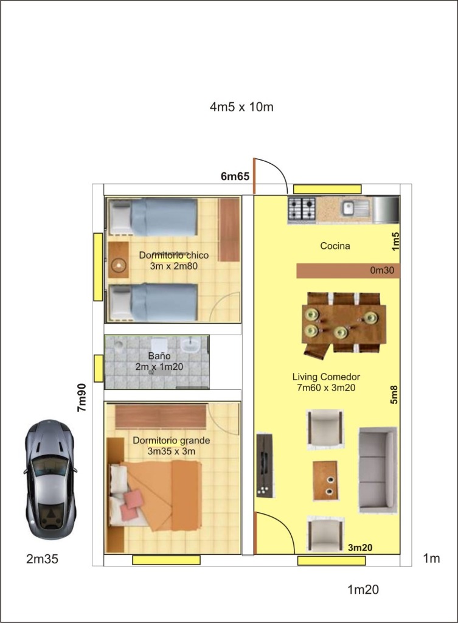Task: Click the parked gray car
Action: [x=50, y=479]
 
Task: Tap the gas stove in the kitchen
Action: [x=302, y=209]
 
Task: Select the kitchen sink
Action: [x=355, y=208]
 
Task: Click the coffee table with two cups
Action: [x=325, y=481]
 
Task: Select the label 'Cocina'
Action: [x=335, y=246]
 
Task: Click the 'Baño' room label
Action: [x=159, y=355]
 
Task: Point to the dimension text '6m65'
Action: [x=235, y=176]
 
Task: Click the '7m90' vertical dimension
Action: [x=82, y=398]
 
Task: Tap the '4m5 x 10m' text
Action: [x=241, y=107]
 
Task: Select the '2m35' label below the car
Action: [x=42, y=559]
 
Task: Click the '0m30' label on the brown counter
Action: [x=382, y=271]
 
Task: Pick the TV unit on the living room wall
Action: [x=264, y=465]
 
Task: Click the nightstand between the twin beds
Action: [x=119, y=260]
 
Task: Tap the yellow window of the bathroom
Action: [x=99, y=368]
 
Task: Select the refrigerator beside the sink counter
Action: [x=385, y=209]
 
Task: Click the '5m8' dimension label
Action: [x=394, y=394]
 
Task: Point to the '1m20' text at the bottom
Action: [x=363, y=590]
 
